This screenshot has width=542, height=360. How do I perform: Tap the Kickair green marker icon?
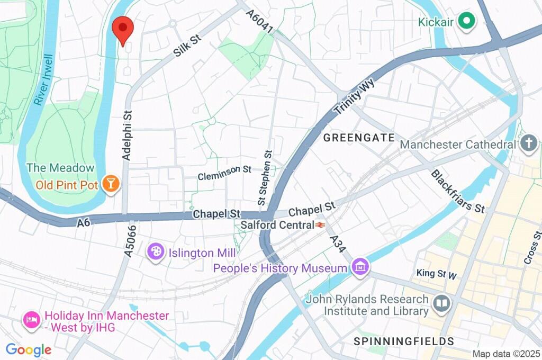[466, 21]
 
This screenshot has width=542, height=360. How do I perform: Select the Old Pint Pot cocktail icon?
[112, 184]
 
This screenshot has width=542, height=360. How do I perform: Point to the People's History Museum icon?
[360, 268]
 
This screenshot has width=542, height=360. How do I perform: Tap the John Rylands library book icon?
[441, 304]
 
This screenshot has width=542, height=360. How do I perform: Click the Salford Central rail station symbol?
[320, 225]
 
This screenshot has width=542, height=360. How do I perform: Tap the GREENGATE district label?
[359, 138]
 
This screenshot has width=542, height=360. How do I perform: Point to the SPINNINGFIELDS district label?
[404, 341]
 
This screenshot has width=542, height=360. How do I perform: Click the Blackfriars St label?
[458, 191]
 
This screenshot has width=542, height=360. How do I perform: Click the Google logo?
[28, 349]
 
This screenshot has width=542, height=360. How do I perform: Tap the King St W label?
[436, 274]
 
